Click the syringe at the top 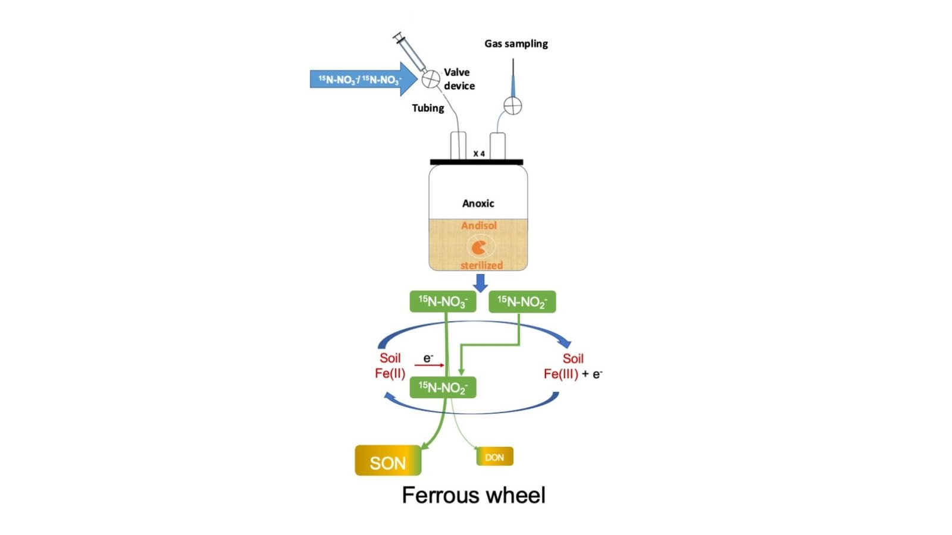(x=410, y=52)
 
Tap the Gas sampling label (x=516, y=43)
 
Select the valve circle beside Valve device (x=431, y=78)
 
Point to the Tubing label (x=428, y=108)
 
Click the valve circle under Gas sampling (x=512, y=106)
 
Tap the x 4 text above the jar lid (x=479, y=153)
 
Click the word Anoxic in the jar (x=478, y=203)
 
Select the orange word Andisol (x=479, y=225)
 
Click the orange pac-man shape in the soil (x=478, y=247)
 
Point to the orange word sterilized (x=481, y=265)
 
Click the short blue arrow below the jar (x=480, y=282)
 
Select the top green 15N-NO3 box (x=443, y=301)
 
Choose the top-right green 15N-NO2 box (x=522, y=301)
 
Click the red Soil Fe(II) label (x=390, y=366)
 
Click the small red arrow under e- (x=430, y=364)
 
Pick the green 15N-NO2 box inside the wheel (x=443, y=388)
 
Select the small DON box (x=494, y=457)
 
